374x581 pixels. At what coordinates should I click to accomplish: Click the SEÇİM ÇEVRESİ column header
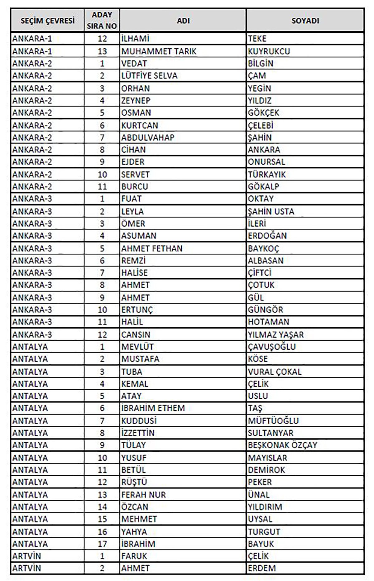(x=47, y=21)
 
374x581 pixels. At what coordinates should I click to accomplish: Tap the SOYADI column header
(x=305, y=21)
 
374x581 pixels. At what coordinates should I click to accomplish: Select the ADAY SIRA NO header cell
(x=102, y=21)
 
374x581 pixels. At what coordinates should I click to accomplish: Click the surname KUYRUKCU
(x=269, y=51)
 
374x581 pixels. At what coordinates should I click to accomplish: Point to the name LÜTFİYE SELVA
(x=149, y=76)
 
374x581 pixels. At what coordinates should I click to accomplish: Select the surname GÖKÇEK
(x=263, y=113)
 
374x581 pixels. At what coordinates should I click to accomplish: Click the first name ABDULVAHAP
(x=148, y=137)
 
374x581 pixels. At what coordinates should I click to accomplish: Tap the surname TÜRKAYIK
(x=266, y=174)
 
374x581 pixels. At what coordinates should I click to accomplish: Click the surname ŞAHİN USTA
(x=271, y=211)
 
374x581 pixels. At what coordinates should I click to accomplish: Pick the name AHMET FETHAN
(x=152, y=248)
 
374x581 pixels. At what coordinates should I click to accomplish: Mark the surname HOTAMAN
(x=268, y=322)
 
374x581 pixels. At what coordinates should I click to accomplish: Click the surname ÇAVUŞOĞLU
(x=271, y=347)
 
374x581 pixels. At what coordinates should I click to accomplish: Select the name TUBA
(x=132, y=372)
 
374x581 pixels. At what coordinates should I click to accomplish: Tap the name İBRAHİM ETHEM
(x=153, y=408)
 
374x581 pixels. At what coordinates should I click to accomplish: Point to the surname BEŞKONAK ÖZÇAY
(x=282, y=445)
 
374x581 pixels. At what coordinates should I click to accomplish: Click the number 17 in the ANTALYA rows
(x=102, y=544)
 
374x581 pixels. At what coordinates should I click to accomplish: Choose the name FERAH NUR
(x=143, y=495)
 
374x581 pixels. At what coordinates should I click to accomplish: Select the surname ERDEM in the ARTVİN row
(x=262, y=568)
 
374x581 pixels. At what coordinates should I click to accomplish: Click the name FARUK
(x=134, y=556)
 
